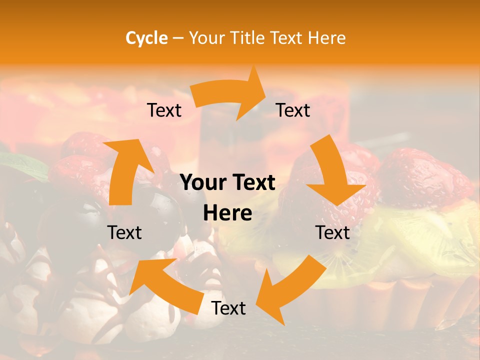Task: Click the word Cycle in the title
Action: [x=146, y=38]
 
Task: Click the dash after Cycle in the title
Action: [x=178, y=38]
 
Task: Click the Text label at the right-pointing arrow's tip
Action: [x=293, y=110]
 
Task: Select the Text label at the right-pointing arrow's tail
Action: [x=164, y=110]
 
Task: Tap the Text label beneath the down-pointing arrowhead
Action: [x=332, y=232]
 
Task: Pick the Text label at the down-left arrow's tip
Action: [x=228, y=308]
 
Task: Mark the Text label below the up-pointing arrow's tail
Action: [x=124, y=232]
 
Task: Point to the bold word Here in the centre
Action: [x=227, y=213]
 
